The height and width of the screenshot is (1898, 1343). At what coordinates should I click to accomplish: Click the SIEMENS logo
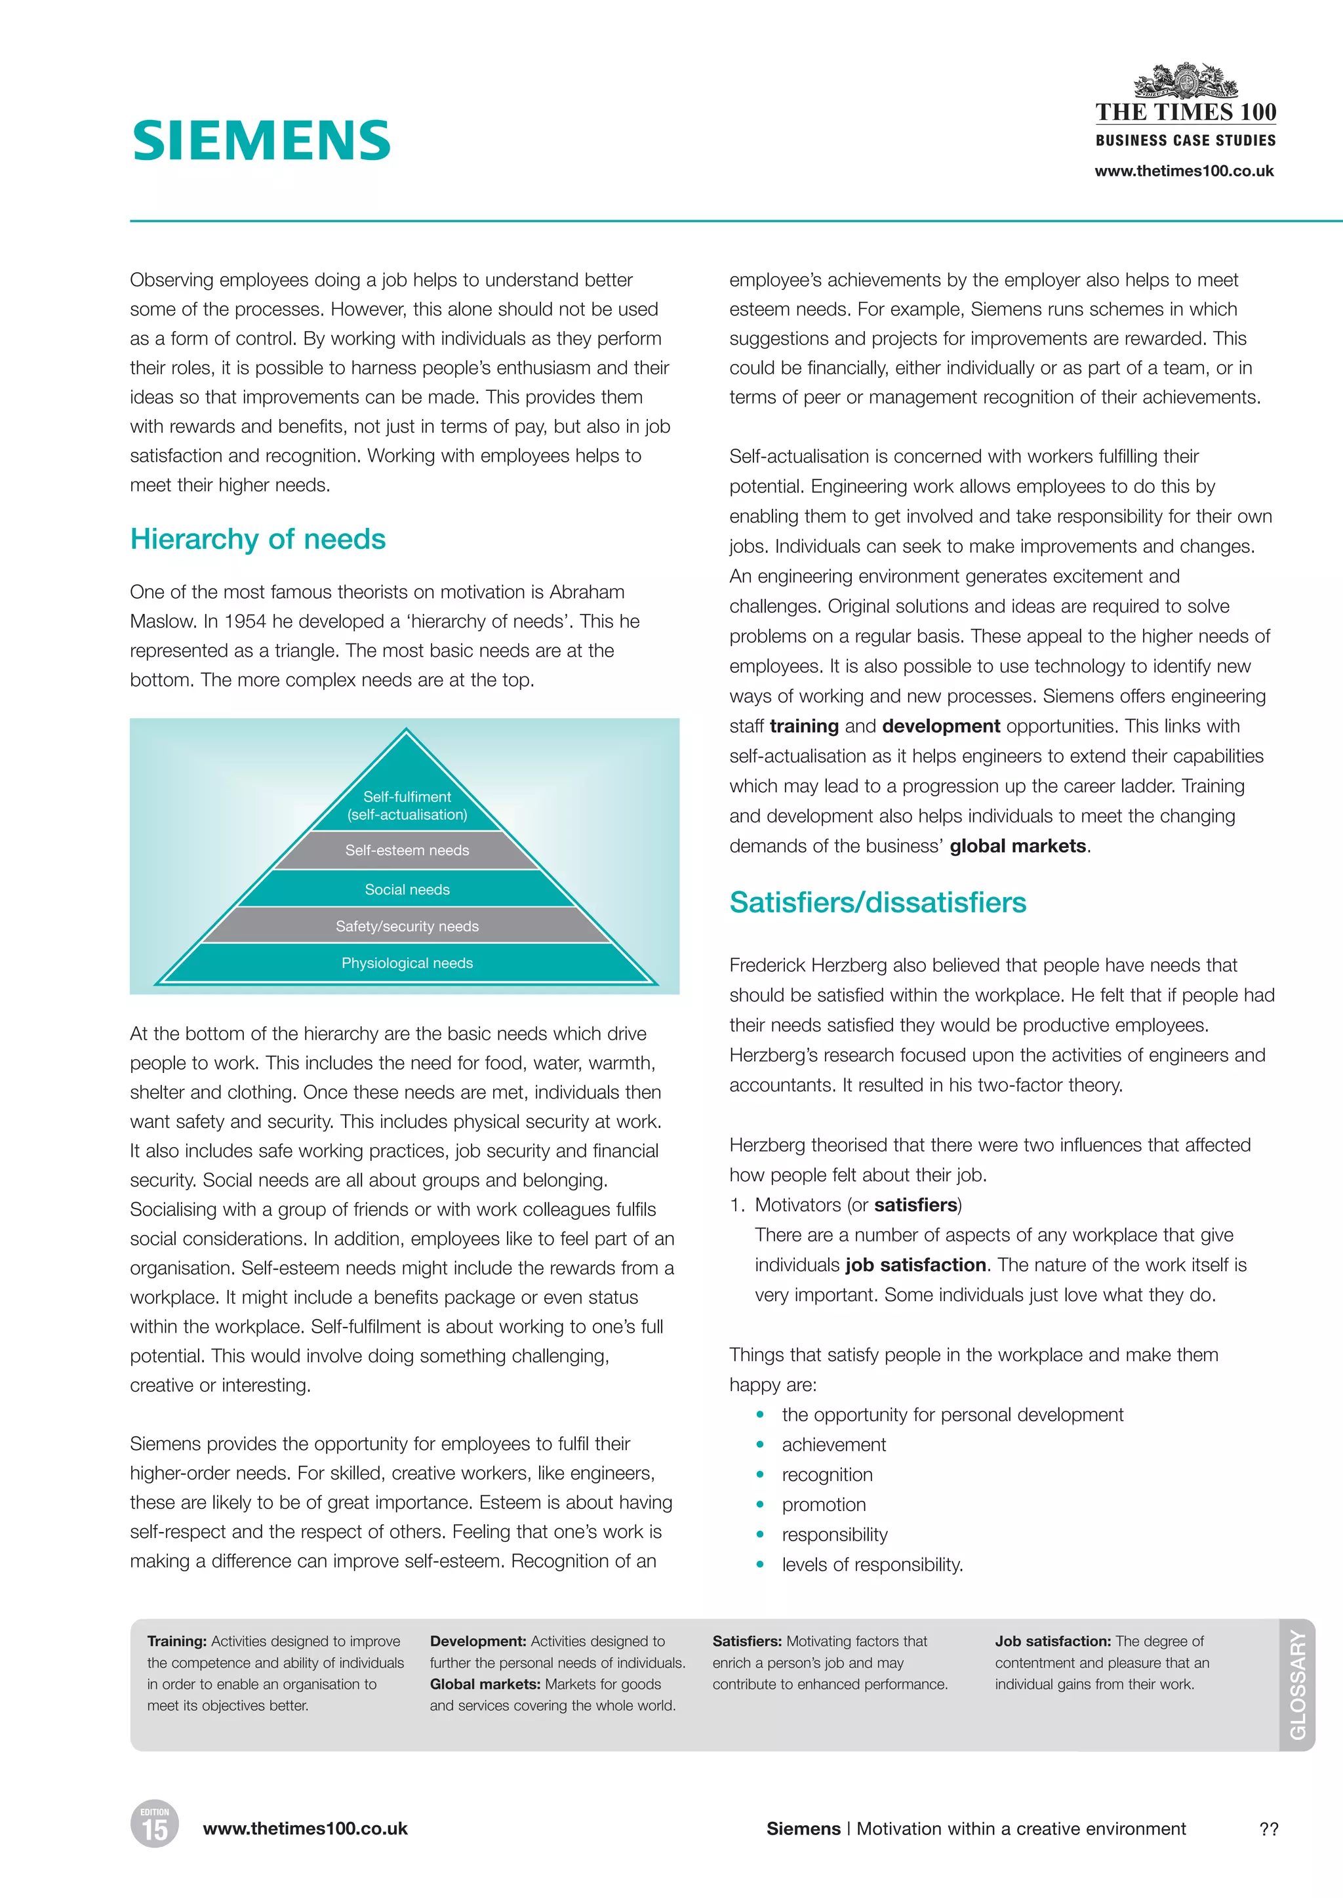(262, 140)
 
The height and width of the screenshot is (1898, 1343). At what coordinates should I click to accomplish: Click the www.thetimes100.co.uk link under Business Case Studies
(1184, 171)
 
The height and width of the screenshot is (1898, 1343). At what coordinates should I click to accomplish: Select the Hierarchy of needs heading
(257, 539)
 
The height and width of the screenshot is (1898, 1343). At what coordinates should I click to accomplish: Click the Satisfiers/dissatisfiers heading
(877, 902)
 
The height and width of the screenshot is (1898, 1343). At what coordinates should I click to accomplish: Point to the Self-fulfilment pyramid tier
(407, 805)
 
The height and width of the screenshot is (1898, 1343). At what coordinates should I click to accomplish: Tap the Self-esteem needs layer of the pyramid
(407, 850)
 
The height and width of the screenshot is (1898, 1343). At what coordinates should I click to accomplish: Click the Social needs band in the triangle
(407, 889)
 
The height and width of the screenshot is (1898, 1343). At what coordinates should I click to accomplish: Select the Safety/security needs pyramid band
(407, 926)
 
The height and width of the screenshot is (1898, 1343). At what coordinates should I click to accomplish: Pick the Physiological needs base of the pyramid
(407, 963)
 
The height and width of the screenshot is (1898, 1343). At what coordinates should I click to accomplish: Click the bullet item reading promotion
(824, 1504)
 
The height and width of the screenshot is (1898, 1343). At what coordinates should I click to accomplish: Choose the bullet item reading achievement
(833, 1445)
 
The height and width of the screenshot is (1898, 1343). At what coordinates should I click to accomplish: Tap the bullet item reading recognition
(827, 1474)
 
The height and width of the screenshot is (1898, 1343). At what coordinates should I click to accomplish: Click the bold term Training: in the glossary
(177, 1641)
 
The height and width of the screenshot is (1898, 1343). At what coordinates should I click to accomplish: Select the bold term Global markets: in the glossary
(485, 1684)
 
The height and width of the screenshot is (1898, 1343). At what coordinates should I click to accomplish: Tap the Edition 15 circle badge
(155, 1825)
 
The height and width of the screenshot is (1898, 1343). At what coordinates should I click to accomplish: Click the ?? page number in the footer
(1269, 1829)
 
